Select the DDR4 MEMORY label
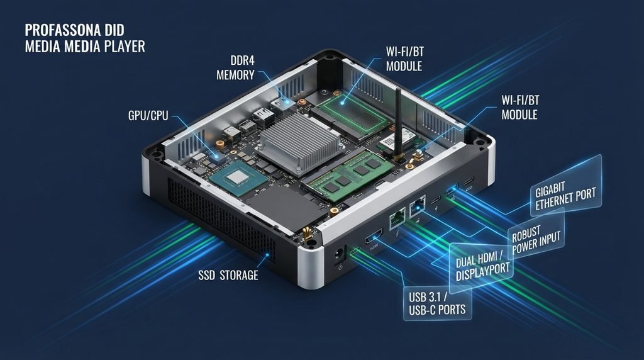[236, 68]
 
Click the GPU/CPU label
[148, 115]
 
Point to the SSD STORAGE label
[228, 275]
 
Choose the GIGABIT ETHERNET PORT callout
[565, 196]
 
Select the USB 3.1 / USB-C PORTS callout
[437, 303]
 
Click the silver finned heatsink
[299, 143]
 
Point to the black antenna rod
[398, 123]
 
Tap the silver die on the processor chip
[238, 177]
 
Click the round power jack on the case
[339, 254]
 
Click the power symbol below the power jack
[340, 267]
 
